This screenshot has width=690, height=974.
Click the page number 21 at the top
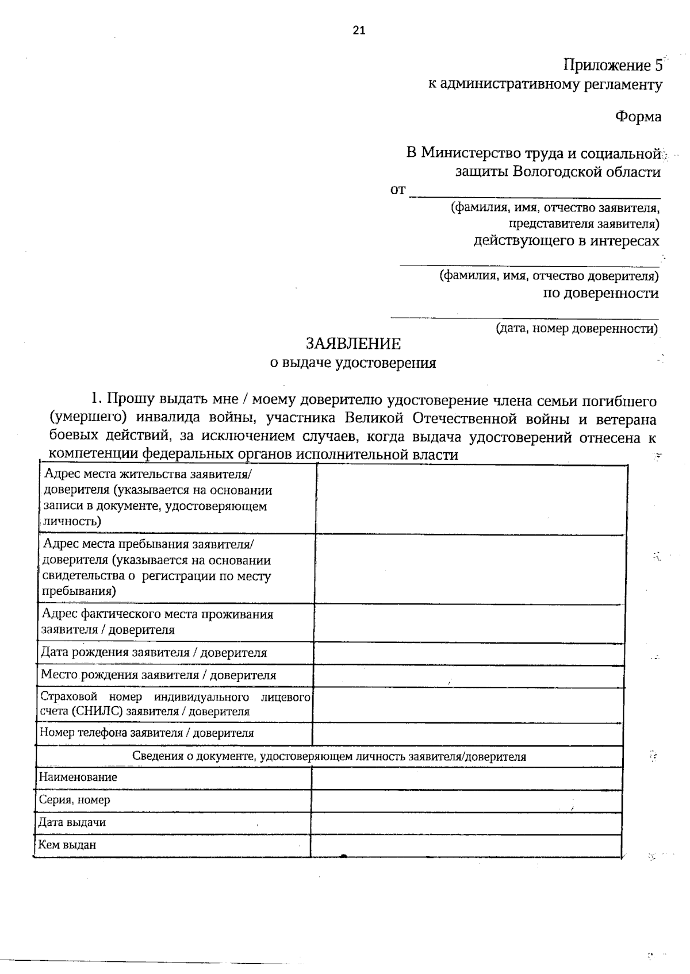click(359, 31)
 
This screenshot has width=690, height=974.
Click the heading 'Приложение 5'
click(612, 65)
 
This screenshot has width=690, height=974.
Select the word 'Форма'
click(638, 117)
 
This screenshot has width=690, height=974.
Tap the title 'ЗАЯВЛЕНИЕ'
click(353, 344)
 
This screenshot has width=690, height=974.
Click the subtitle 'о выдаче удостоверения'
click(353, 363)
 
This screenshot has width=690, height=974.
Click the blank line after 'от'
click(535, 192)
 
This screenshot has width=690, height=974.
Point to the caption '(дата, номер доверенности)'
click(577, 329)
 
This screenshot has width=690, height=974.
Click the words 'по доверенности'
click(601, 294)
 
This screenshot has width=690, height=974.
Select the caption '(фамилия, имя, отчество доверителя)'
click(549, 276)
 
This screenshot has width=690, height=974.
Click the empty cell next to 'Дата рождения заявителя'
click(469, 653)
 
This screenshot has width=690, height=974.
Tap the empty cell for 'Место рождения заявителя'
click(469, 676)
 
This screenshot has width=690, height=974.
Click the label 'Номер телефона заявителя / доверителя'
click(147, 733)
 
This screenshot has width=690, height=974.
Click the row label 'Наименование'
click(78, 777)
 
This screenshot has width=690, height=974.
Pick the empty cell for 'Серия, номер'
click(466, 800)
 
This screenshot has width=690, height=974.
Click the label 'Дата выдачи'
click(72, 822)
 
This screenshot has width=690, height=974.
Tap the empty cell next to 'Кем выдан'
click(466, 845)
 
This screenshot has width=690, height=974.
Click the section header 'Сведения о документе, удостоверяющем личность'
click(329, 756)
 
